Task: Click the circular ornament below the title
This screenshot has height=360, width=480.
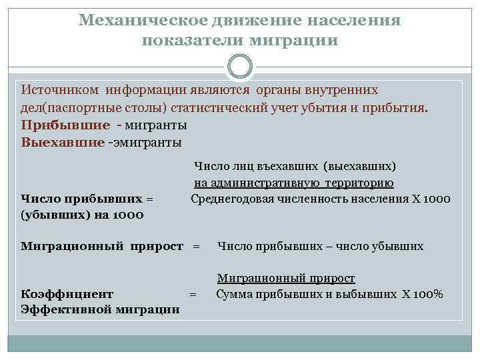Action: (x=239, y=67)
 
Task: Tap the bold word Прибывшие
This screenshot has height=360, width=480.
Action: (x=65, y=125)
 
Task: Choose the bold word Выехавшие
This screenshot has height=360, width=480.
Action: (x=63, y=142)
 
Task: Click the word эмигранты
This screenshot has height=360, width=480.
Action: (x=145, y=142)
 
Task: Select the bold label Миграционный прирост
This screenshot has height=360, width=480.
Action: (x=102, y=246)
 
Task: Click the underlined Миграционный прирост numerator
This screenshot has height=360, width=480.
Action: (x=286, y=278)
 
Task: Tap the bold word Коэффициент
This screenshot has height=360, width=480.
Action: (x=67, y=293)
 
